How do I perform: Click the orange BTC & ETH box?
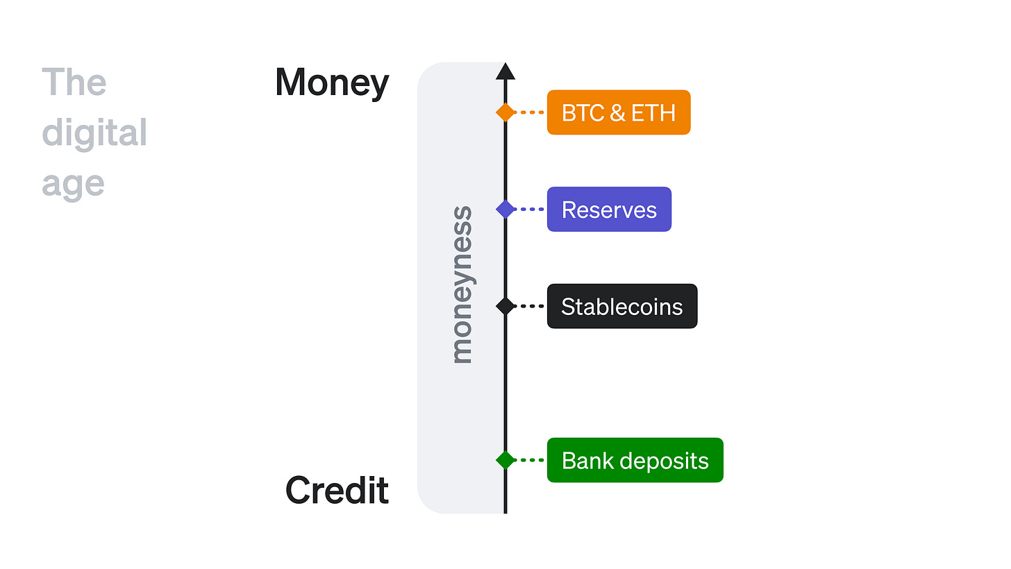coord(619,112)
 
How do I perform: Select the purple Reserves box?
coord(609,210)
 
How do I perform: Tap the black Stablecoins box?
coord(622,306)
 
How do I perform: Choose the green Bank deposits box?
coord(635,460)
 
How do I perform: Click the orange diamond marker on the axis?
coord(505,112)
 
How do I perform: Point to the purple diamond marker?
coord(505,209)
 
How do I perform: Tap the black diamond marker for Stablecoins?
coord(505,305)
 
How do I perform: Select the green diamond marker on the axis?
coord(505,459)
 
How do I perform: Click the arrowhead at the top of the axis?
coord(505,71)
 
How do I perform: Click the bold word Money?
coord(332,83)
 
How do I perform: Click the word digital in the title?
coord(94,133)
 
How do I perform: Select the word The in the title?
coord(74,83)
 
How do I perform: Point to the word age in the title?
coord(73,184)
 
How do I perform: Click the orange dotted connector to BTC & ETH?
coord(531,112)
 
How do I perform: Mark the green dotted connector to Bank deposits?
coord(531,459)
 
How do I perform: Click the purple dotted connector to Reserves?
coord(531,209)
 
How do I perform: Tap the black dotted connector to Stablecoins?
coord(531,305)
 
